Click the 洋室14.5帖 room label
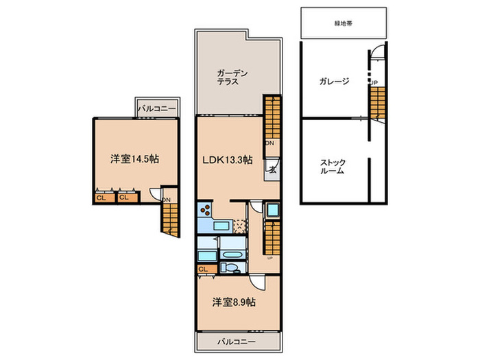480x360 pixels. (135, 158)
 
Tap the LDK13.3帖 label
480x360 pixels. (226, 159)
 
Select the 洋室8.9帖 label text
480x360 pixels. (233, 302)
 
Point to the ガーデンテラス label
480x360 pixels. (228, 77)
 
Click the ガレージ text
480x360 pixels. (333, 82)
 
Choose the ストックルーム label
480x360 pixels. (333, 167)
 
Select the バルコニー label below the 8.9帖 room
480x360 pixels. (237, 341)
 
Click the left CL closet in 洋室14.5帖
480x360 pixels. (101, 198)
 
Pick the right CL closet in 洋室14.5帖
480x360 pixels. (123, 198)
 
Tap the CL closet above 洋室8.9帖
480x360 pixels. (203, 269)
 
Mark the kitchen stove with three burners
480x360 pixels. (205, 211)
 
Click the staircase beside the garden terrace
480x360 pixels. (272, 117)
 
